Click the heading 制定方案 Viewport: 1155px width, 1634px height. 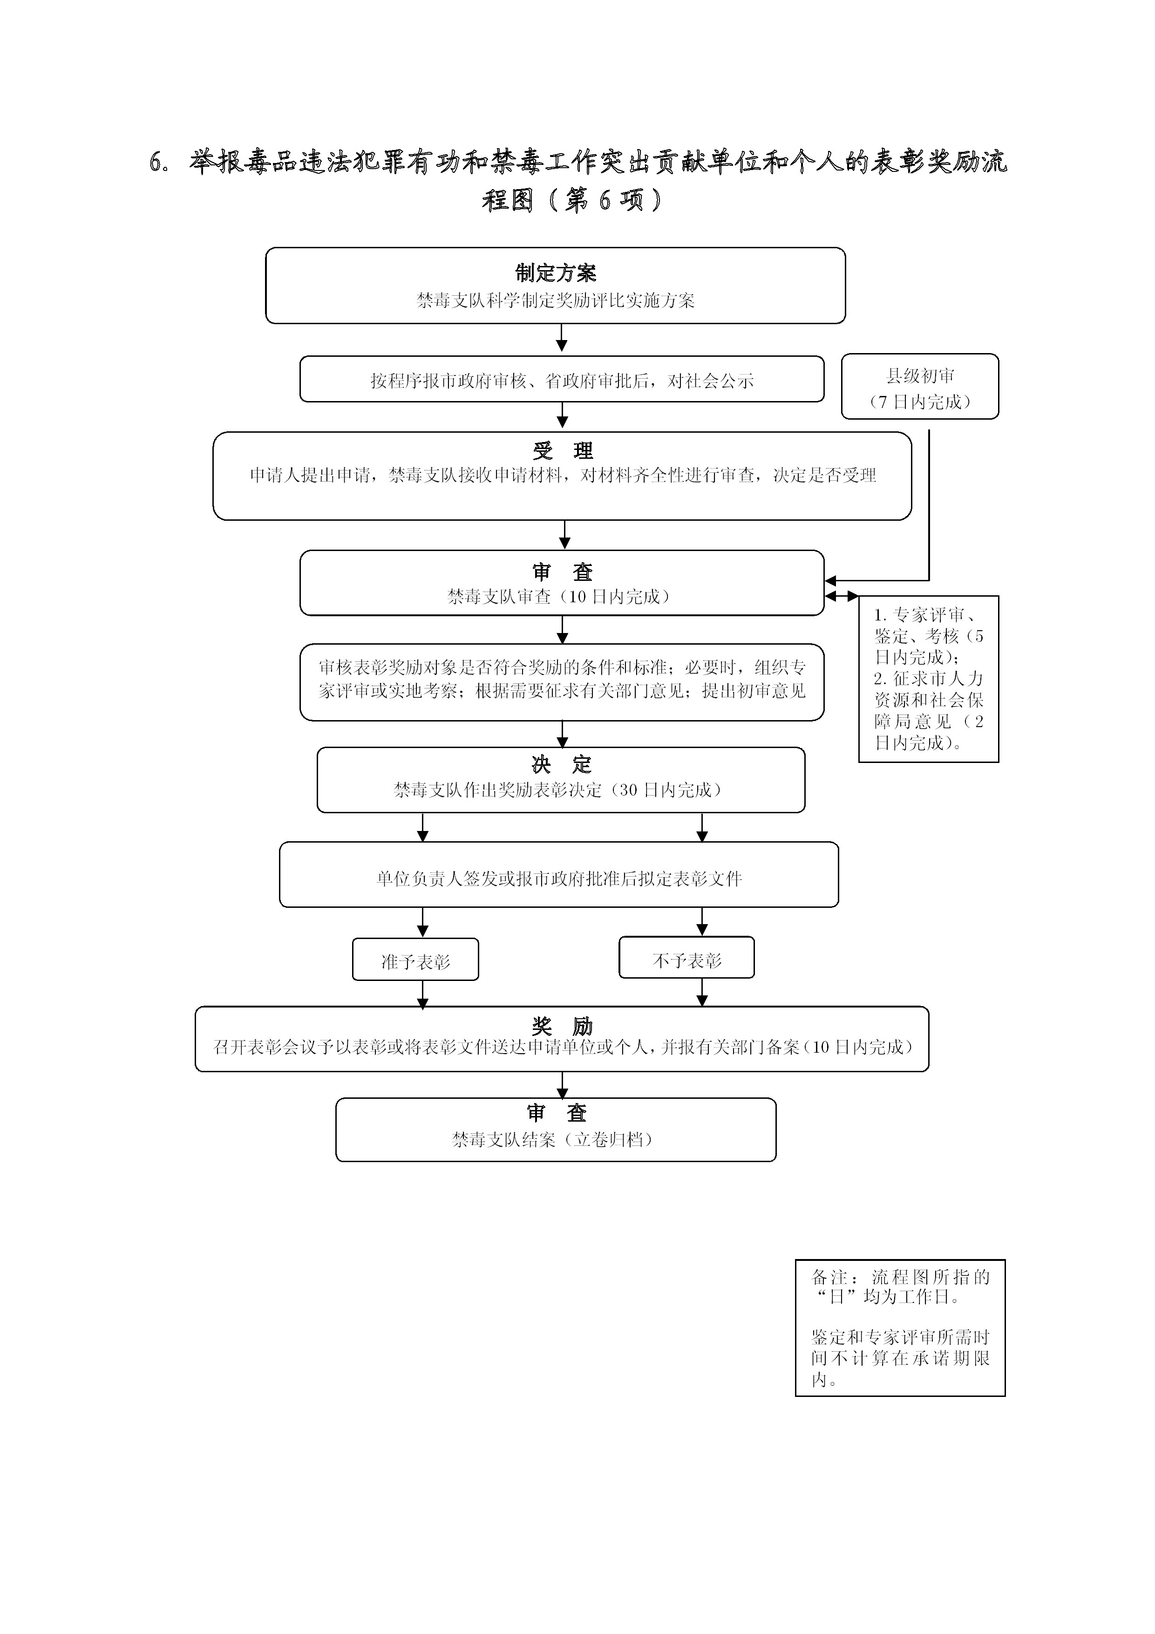coord(556,272)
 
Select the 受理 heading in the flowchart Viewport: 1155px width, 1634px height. coord(563,450)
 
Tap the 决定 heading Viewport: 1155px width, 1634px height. coord(562,765)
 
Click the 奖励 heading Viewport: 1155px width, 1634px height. coord(562,1026)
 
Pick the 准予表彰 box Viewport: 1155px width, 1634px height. coord(415,960)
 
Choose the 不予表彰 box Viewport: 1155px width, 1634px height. coord(687,957)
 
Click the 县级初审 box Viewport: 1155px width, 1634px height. coord(920,387)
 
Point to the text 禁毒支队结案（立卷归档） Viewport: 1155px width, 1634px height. coord(553,1139)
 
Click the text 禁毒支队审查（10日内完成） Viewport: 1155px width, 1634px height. coord(559,596)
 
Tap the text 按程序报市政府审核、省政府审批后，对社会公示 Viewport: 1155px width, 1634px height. coord(562,381)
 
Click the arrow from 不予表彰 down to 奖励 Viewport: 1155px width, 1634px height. coord(702,992)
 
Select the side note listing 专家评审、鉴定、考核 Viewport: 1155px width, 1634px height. coord(929,679)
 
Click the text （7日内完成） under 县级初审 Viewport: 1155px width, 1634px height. coord(920,402)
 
